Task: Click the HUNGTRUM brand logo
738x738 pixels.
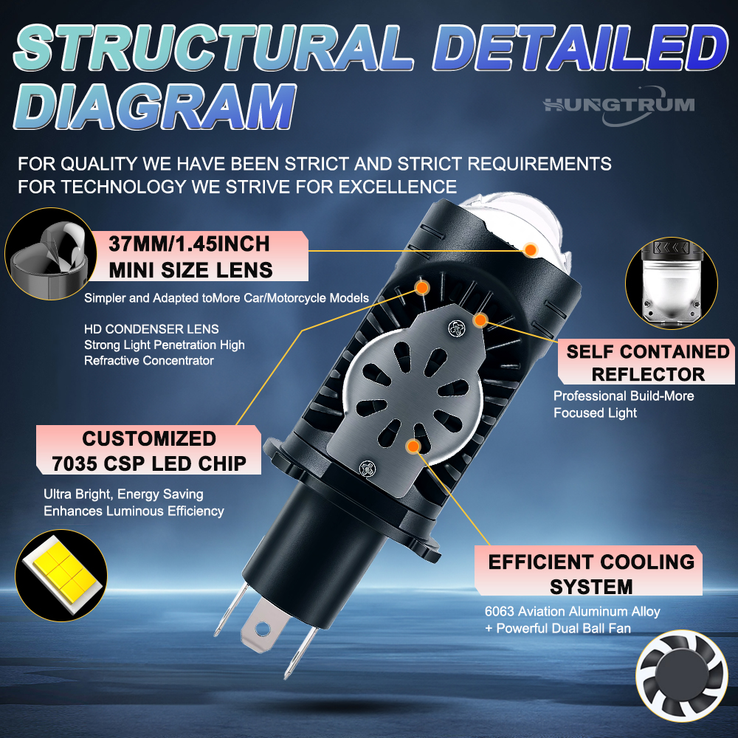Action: (619, 106)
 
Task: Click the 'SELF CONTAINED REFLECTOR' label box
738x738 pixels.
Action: (646, 362)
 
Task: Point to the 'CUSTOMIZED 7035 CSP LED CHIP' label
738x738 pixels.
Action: (149, 450)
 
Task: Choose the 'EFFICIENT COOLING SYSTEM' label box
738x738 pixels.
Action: (588, 570)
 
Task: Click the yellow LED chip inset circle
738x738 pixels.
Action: (61, 575)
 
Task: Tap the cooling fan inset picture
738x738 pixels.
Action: (681, 676)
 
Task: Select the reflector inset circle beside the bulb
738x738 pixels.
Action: (672, 283)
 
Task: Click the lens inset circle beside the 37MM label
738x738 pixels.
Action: (51, 254)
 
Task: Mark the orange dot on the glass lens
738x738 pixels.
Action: (531, 249)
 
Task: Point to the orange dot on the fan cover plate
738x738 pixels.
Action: (413, 446)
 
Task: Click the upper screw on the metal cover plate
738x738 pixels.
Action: (456, 328)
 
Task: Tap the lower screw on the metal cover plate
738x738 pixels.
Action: (367, 469)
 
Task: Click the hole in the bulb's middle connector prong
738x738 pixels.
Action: (262, 627)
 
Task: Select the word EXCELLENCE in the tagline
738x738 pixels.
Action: (398, 187)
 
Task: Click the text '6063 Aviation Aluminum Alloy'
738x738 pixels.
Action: (573, 611)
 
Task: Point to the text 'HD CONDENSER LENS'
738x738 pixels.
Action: (151, 329)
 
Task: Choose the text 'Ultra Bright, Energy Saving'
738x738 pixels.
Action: (123, 494)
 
